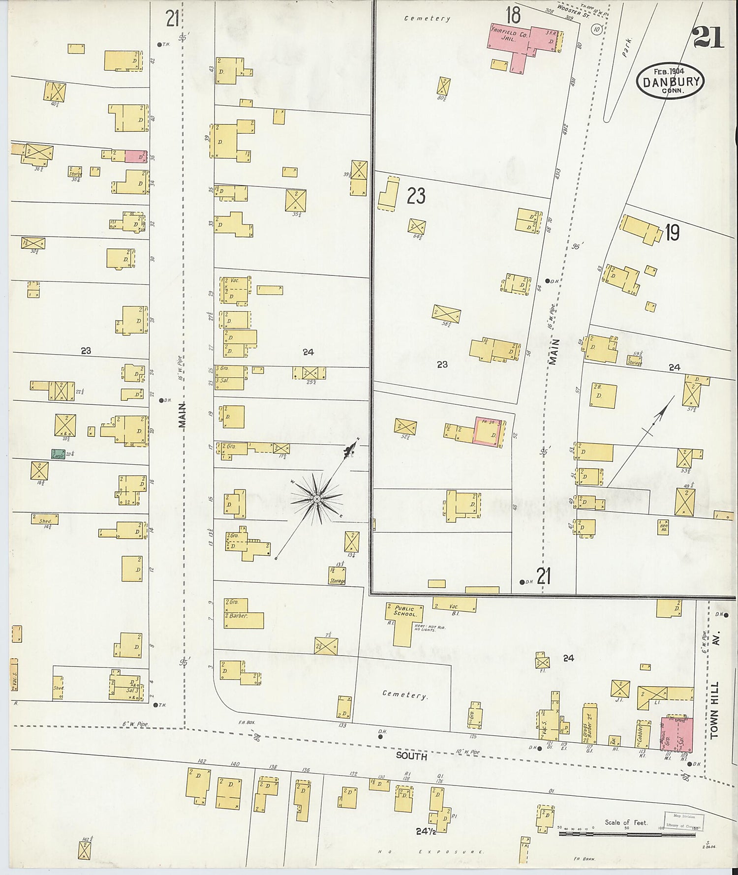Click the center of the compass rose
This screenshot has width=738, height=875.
317,499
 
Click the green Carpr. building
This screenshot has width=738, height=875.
59,454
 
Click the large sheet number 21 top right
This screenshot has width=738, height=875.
708,38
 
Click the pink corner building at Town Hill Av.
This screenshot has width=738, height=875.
676,734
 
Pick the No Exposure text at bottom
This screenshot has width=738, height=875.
431,852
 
